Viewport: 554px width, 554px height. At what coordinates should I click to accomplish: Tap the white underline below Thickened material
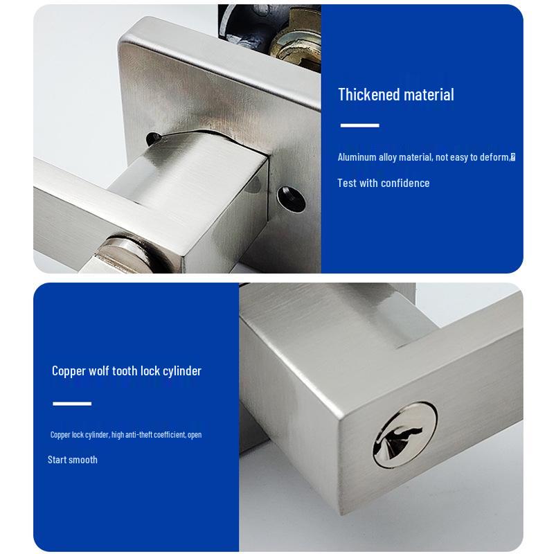click(359, 125)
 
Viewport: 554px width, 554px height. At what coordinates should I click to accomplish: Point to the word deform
click(494, 157)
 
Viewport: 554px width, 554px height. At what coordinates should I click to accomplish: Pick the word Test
click(347, 183)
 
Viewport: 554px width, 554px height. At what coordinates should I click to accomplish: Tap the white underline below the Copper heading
click(72, 403)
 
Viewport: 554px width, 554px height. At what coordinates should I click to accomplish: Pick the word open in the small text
click(195, 435)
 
